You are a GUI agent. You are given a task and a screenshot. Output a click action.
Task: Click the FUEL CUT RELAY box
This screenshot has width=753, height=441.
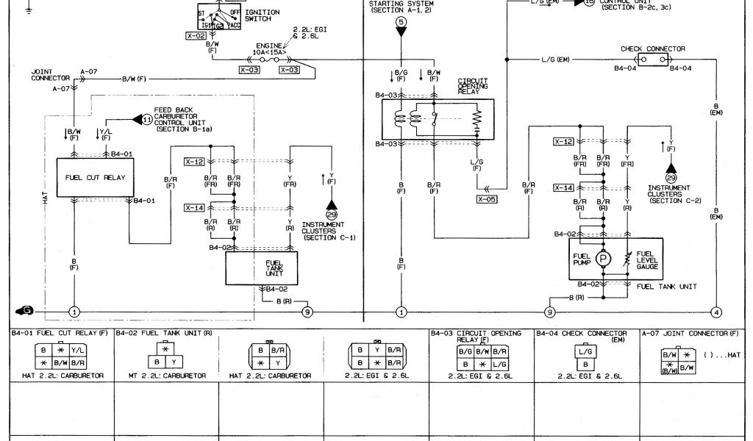tap(96, 178)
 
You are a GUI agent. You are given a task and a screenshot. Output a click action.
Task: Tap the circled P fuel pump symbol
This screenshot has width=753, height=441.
tap(604, 259)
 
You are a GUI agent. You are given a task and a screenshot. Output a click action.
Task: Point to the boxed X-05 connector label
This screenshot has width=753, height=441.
tap(487, 198)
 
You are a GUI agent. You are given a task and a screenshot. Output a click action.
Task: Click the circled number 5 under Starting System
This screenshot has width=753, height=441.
tap(401, 23)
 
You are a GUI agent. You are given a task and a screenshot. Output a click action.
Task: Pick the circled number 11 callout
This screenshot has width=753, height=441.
tap(146, 119)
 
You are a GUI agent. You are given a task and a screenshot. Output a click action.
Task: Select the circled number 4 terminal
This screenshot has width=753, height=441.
tap(716, 311)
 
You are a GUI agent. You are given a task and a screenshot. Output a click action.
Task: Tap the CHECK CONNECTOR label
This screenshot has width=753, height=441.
tap(653, 49)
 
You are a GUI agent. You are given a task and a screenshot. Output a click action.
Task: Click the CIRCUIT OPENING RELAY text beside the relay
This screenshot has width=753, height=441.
tap(473, 85)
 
